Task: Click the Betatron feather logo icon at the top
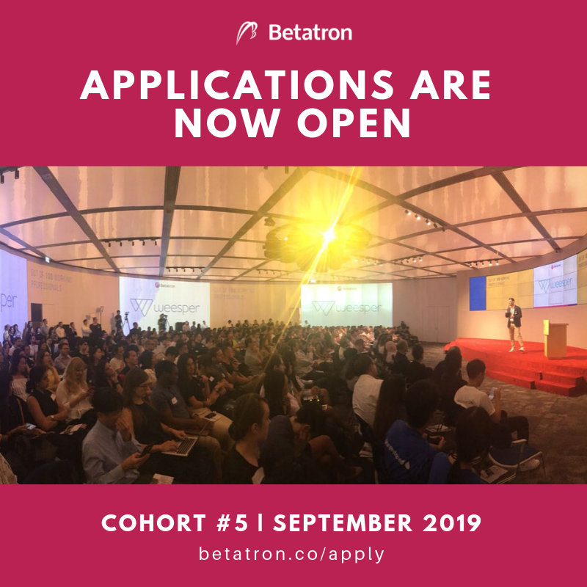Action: [247, 33]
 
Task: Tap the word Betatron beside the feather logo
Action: [310, 33]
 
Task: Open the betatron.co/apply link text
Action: [292, 554]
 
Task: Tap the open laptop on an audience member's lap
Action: [182, 445]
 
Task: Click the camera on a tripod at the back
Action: [125, 321]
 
